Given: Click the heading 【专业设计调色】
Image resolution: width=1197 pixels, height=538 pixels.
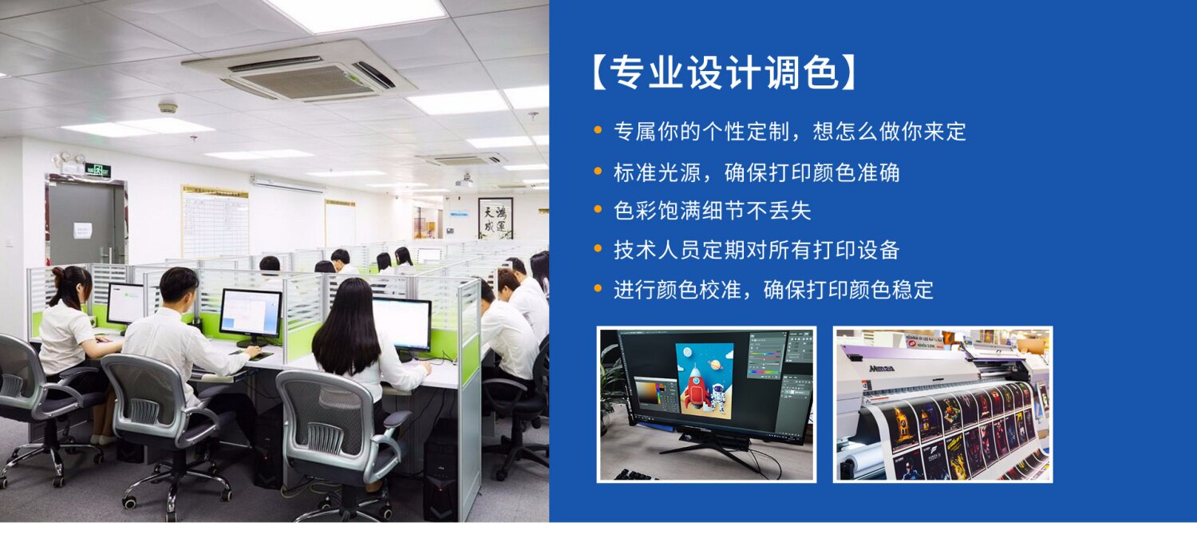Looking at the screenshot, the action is point(724,73).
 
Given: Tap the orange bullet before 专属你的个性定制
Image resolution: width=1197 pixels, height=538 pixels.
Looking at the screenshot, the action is point(598,130).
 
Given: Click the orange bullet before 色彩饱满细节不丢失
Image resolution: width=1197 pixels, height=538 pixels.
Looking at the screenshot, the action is point(598,209).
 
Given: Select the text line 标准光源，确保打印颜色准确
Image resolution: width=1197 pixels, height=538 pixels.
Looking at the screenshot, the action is point(757,172).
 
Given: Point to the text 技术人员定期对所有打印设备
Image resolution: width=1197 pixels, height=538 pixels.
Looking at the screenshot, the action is point(757,250).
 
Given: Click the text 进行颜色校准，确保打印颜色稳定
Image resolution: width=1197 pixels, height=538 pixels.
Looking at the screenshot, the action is point(773,290).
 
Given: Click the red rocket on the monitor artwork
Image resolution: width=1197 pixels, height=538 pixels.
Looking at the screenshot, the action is point(695,385).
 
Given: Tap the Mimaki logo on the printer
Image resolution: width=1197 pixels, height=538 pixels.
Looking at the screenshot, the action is point(881,369).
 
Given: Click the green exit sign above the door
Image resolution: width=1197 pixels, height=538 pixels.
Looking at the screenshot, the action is point(97,171).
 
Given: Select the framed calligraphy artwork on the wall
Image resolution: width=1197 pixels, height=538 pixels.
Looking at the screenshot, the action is point(496,218).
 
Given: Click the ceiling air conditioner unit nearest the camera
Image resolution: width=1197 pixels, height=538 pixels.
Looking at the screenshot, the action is point(299,72).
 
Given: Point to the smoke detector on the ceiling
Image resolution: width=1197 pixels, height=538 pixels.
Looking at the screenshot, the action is point(168,108).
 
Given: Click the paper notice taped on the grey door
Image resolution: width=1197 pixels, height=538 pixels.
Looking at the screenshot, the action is point(83,230).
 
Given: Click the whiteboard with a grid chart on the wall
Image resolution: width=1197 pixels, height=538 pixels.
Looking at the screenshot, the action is point(215,222).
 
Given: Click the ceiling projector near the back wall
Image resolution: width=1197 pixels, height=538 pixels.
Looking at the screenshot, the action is point(465,182).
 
